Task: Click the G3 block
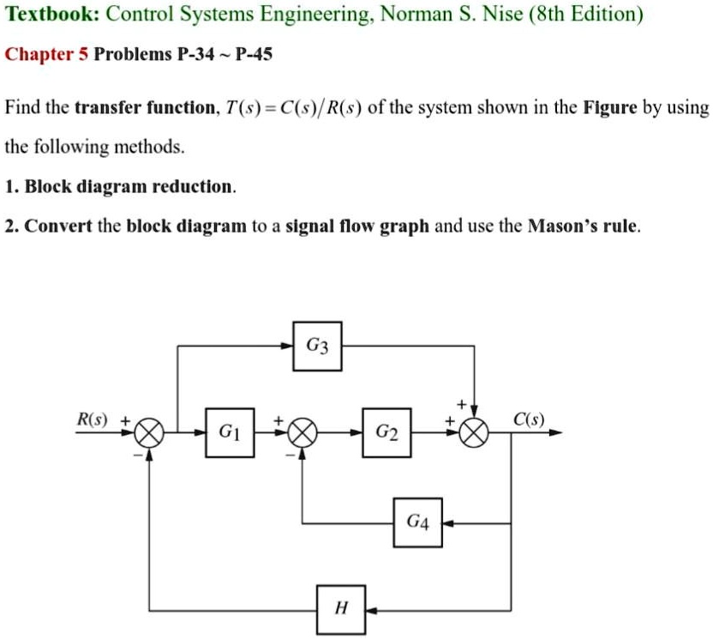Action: point(317,347)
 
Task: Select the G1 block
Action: point(230,432)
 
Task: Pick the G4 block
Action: point(418,522)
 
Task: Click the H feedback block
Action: point(341,610)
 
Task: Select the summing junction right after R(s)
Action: point(150,433)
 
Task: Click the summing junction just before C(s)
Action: point(474,433)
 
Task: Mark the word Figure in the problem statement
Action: point(610,108)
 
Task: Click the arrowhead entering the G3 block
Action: point(288,347)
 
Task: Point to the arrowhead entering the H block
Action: point(369,610)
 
